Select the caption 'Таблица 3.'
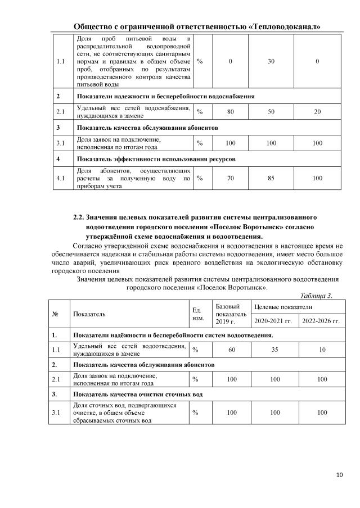316,296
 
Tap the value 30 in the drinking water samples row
271,61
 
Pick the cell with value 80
231,112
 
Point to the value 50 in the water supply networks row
271,112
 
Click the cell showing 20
317,112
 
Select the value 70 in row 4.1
231,179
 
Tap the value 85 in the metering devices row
271,179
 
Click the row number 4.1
60,179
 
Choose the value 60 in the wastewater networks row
231,350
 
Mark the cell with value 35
274,350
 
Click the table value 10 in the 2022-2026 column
322,350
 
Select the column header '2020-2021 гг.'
274,321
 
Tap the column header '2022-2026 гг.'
322,321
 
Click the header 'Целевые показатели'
282,307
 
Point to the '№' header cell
56,314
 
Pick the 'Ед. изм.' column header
197,314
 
